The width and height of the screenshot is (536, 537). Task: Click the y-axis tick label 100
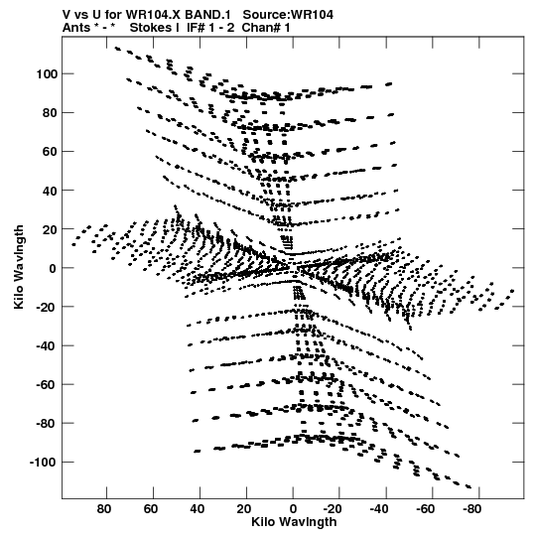click(48, 73)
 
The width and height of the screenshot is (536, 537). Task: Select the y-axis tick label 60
click(50, 152)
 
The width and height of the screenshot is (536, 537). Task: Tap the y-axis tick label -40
click(47, 345)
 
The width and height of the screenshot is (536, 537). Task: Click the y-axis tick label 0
click(53, 268)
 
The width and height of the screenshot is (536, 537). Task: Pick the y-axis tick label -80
click(47, 424)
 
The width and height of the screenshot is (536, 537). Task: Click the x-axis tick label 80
click(104, 509)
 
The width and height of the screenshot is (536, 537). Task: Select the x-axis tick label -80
click(471, 509)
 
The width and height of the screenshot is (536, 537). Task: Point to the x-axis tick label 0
click(293, 509)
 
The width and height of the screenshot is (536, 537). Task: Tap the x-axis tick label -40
click(379, 509)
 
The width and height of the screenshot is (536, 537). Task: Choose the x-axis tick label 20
click(243, 509)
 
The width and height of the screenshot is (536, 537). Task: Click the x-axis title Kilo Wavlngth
click(294, 522)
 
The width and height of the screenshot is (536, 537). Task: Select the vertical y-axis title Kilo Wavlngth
click(19, 267)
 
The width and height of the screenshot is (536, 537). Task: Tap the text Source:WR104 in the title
click(288, 15)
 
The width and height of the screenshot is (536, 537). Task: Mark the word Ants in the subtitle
click(76, 28)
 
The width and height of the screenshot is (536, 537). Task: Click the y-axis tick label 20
click(50, 229)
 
